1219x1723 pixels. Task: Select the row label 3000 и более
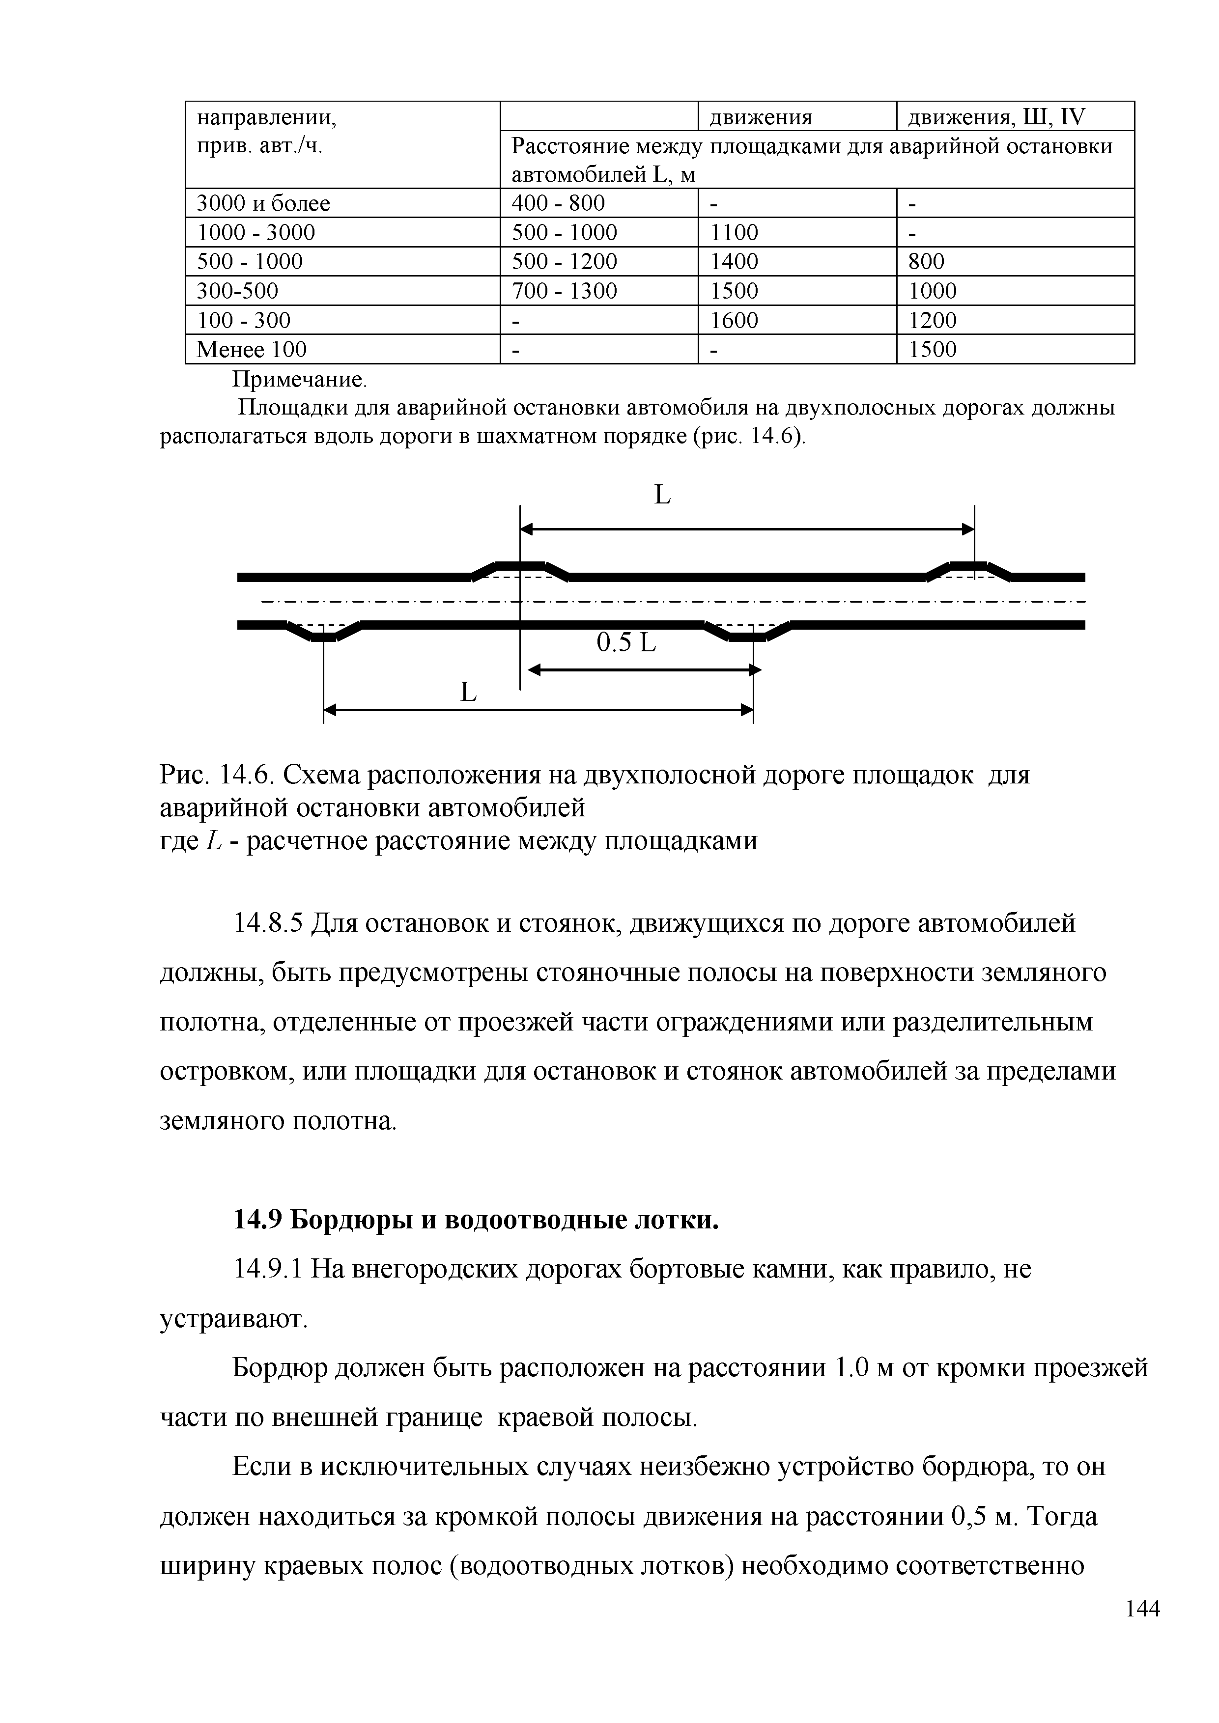(263, 203)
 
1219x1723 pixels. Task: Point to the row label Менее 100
(252, 350)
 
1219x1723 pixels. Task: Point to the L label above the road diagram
(662, 495)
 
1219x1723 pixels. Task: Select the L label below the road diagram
(468, 692)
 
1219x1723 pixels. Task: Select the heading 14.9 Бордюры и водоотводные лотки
(476, 1221)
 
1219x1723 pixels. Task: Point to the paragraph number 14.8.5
(268, 923)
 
